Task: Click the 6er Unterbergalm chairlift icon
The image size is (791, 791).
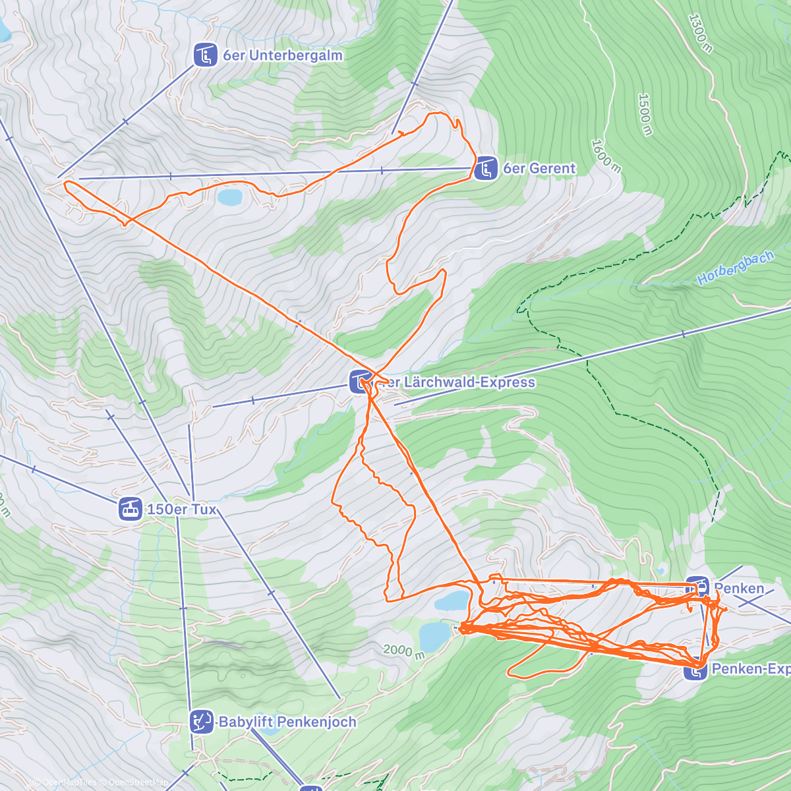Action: click(x=206, y=55)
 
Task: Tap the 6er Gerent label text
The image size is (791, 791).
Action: click(x=539, y=169)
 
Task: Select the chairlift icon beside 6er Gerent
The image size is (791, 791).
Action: click(x=486, y=169)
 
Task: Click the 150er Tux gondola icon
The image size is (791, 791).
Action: click(x=131, y=509)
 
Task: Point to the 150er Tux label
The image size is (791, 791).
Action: click(x=181, y=510)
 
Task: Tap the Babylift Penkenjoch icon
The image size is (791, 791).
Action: click(x=201, y=722)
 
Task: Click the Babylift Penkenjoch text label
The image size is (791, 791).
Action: click(x=287, y=722)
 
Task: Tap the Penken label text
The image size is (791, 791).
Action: click(x=739, y=588)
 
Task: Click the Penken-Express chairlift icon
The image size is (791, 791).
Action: click(x=695, y=670)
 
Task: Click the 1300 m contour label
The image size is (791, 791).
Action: click(x=700, y=33)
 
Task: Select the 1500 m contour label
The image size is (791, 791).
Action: click(x=645, y=114)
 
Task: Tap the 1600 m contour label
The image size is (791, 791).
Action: click(x=605, y=156)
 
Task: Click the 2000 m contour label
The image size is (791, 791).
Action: click(x=404, y=651)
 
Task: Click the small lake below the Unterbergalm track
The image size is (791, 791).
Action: click(x=230, y=196)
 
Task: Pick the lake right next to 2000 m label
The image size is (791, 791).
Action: click(x=434, y=635)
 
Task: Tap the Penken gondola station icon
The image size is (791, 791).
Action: click(x=697, y=585)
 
